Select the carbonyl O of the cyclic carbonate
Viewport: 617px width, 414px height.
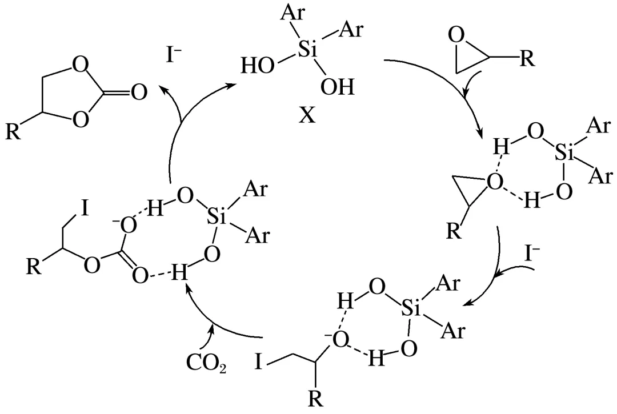click(138, 91)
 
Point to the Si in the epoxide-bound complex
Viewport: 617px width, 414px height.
click(564, 152)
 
